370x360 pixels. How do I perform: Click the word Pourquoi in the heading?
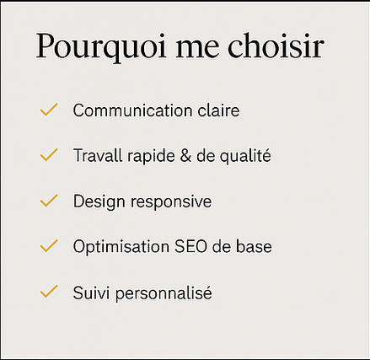(x=101, y=47)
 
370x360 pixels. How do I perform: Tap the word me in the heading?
(x=197, y=48)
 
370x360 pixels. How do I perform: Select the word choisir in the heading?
(x=276, y=46)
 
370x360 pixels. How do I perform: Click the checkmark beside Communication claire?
(x=49, y=110)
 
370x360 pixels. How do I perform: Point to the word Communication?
(x=132, y=110)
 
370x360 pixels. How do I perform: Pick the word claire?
(x=218, y=110)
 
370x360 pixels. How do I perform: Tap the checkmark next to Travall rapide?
(x=49, y=155)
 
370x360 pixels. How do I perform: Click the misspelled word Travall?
(x=98, y=155)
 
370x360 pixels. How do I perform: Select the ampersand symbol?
(x=185, y=156)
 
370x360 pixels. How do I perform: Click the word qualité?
(x=245, y=156)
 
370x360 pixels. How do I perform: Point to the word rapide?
(x=151, y=156)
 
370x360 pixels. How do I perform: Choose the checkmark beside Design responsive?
(x=49, y=201)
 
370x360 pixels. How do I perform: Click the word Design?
(x=99, y=201)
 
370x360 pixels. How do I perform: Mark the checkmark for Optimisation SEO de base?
(x=49, y=246)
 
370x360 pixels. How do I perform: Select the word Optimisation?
(x=121, y=247)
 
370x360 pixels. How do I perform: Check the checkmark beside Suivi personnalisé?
(x=49, y=292)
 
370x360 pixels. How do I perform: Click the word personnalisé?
(x=164, y=293)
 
